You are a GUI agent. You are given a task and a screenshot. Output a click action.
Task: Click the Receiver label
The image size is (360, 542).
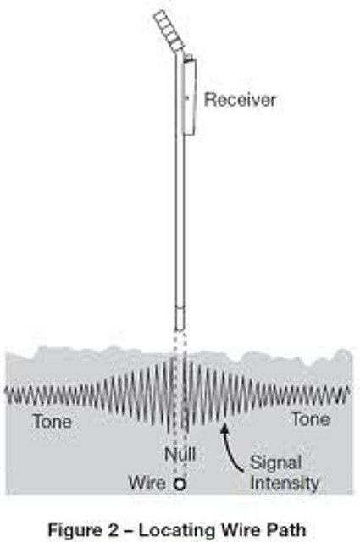(240, 100)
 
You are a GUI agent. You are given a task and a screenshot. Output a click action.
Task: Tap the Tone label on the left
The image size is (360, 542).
(53, 421)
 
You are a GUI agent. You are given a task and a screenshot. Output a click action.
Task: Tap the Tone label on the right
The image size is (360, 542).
(311, 419)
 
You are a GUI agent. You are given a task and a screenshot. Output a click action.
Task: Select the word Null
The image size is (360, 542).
(180, 454)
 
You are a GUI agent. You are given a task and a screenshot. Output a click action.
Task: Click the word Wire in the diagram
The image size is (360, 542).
(147, 483)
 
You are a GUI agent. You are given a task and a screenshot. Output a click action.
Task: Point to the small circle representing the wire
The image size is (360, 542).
(180, 484)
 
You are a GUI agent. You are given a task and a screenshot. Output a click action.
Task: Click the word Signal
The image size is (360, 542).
(275, 463)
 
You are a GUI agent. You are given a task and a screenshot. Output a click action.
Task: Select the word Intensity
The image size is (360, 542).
(285, 484)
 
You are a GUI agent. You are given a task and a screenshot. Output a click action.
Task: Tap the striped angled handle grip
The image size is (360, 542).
(169, 30)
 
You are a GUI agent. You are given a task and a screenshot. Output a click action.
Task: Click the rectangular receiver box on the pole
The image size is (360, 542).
(190, 97)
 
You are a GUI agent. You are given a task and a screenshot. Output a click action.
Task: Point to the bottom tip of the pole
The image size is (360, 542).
(180, 330)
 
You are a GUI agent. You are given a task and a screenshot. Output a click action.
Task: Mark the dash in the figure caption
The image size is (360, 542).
(126, 530)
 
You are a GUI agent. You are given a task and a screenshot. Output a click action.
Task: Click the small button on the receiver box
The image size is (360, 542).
(186, 99)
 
